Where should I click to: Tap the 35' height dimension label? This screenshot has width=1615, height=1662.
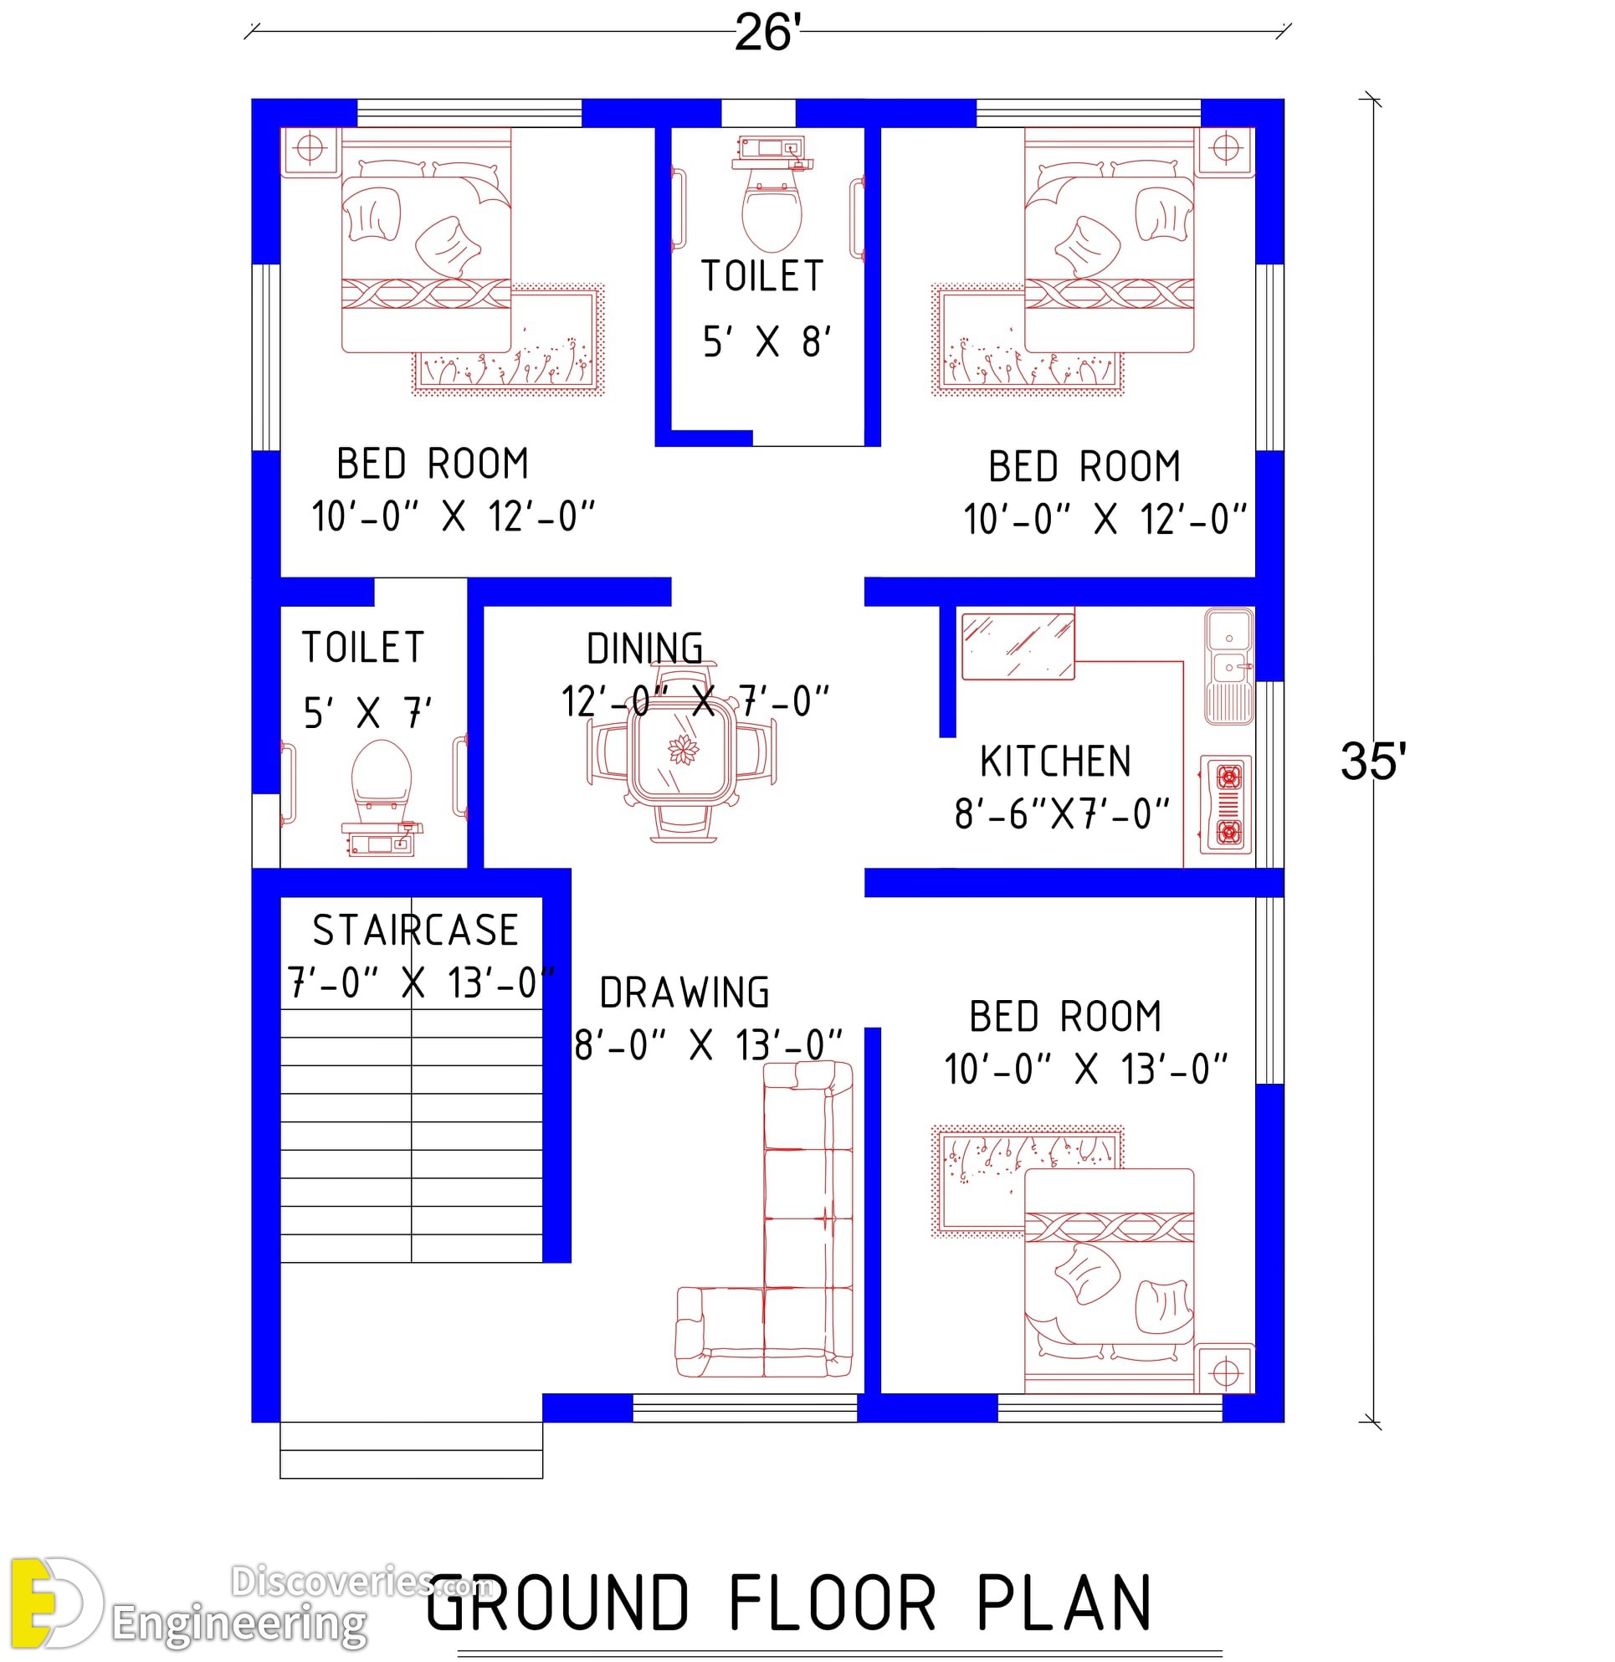pyautogui.click(x=1373, y=761)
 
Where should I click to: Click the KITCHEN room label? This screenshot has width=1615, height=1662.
pyautogui.click(x=1056, y=761)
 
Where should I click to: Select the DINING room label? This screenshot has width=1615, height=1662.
pyautogui.click(x=644, y=649)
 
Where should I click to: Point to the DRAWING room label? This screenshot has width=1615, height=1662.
pyautogui.click(x=684, y=993)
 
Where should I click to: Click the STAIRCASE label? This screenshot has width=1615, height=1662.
pyautogui.click(x=416, y=930)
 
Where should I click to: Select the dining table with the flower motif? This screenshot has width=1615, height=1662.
pyautogui.click(x=682, y=751)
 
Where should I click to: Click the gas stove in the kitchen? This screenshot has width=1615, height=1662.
pyautogui.click(x=1226, y=804)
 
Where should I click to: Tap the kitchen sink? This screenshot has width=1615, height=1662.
pyautogui.click(x=1229, y=667)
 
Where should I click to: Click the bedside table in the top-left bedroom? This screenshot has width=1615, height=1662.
pyautogui.click(x=310, y=150)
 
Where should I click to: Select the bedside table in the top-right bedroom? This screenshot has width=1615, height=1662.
pyautogui.click(x=1225, y=150)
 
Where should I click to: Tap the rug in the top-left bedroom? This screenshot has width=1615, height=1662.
pyautogui.click(x=509, y=340)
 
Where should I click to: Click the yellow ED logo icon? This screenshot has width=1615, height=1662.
pyautogui.click(x=56, y=1603)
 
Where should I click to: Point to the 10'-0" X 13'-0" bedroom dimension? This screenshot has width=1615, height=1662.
pyautogui.click(x=1086, y=1069)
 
